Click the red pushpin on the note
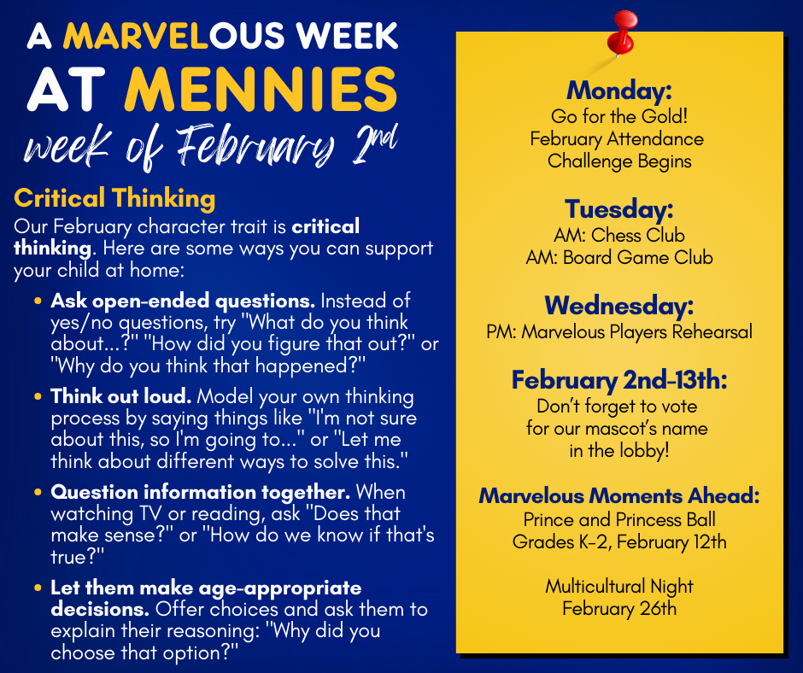click(x=622, y=32)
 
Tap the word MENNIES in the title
click(x=261, y=90)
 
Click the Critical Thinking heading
click(x=114, y=198)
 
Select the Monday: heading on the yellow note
click(x=619, y=91)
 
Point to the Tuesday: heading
click(x=619, y=209)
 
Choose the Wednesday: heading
click(x=619, y=306)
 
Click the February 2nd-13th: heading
click(x=619, y=381)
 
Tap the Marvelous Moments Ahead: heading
click(x=619, y=496)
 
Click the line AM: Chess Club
click(x=619, y=235)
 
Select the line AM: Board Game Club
click(x=619, y=257)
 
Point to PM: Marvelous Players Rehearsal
click(x=619, y=332)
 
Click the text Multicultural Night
click(x=619, y=587)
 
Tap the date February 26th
click(x=619, y=608)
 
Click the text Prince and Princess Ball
click(x=619, y=520)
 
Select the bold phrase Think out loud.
click(x=120, y=396)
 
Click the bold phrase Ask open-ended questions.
click(x=183, y=301)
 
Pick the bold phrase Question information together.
click(x=200, y=492)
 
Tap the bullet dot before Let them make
click(x=38, y=588)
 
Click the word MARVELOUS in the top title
click(x=173, y=36)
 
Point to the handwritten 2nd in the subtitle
click(x=375, y=144)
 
